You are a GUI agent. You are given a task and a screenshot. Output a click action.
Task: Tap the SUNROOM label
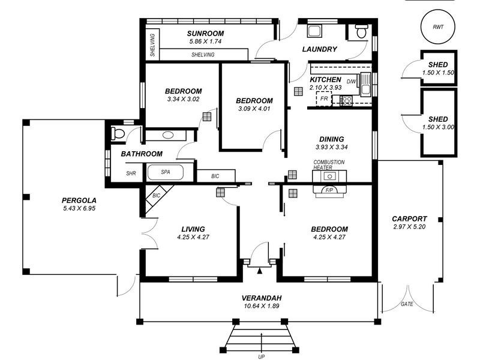tap(205, 34)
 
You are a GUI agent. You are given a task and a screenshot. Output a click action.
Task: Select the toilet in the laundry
tap(361, 31)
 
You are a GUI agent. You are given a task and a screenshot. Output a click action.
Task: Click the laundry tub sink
tap(314, 31)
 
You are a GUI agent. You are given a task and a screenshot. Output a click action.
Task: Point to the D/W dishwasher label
tap(352, 82)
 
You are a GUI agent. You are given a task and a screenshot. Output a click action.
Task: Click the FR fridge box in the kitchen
tap(324, 98)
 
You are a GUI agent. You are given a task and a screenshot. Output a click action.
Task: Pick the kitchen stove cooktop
tap(347, 101)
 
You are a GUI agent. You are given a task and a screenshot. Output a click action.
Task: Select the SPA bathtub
tap(166, 172)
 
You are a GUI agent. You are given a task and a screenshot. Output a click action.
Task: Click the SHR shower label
tap(131, 173)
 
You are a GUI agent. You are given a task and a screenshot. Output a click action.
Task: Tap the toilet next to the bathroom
tap(118, 134)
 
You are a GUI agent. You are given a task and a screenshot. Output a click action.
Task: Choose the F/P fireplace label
tap(329, 190)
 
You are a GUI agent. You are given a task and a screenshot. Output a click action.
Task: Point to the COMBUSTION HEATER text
tap(329, 164)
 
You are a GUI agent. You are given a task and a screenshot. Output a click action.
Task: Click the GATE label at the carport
tap(407, 304)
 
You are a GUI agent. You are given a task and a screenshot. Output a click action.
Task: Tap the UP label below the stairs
tap(261, 356)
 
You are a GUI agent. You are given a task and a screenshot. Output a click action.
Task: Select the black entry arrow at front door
tap(260, 271)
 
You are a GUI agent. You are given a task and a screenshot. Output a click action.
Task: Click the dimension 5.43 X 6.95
tap(79, 208)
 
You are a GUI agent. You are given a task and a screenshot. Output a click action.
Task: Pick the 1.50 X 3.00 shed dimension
tap(438, 127)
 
